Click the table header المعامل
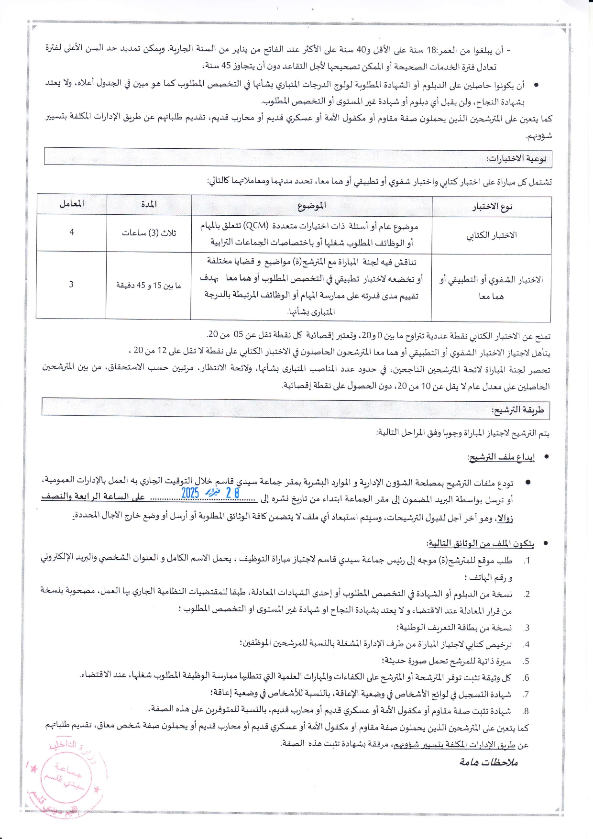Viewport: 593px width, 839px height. tap(72, 204)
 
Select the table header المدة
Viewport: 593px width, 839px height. tap(149, 204)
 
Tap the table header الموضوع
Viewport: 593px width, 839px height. tap(311, 206)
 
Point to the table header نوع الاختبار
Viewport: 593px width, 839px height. tap(492, 207)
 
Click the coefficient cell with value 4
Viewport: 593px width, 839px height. tap(72, 232)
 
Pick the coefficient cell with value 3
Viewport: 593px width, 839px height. tap(71, 284)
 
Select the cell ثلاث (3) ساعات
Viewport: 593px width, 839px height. tap(149, 233)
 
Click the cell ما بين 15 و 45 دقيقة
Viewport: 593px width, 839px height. tap(149, 286)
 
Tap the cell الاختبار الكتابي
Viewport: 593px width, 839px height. tap(492, 235)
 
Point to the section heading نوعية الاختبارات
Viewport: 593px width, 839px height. tap(516, 159)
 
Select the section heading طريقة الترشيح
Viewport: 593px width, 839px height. tap(517, 410)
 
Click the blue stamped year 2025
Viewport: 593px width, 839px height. tap(190, 493)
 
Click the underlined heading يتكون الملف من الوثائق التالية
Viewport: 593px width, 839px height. tap(481, 543)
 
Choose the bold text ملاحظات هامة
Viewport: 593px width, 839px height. tap(489, 762)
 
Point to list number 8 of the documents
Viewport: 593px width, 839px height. tap(526, 711)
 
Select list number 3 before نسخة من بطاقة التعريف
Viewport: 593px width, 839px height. tap(526, 628)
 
